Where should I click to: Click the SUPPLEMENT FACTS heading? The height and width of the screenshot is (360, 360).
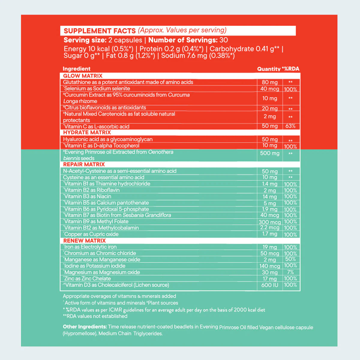pos(100,31)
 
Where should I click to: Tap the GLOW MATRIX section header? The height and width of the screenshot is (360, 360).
pos(83,76)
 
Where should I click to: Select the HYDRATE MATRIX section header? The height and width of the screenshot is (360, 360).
pos(87,132)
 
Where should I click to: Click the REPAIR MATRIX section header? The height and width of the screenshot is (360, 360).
pos(84,164)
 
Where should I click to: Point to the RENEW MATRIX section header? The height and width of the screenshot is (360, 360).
pos(84,241)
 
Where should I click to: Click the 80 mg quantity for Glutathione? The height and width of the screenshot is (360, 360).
pos(270,82)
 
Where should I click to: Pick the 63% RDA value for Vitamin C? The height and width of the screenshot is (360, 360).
pos(290,126)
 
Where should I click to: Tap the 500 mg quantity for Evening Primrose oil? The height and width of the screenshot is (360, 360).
pos(270,153)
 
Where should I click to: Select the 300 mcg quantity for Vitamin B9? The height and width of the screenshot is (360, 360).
pos(270,222)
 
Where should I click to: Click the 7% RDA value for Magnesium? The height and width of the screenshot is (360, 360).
pos(290,272)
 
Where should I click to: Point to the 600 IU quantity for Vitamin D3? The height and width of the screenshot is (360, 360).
pos(270,285)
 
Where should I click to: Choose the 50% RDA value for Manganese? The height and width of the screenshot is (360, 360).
pos(290,259)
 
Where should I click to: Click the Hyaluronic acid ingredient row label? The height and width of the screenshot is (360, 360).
pos(108,139)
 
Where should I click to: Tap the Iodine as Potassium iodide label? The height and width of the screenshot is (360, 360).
pos(94,266)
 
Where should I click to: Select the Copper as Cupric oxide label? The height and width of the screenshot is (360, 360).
pos(91,234)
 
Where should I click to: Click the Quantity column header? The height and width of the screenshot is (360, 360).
pos(268,69)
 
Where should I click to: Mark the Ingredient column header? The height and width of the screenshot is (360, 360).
pos(76,69)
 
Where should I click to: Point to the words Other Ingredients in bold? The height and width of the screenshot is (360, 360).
pos(85,327)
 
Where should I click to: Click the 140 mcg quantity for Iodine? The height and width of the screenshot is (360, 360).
pos(270,266)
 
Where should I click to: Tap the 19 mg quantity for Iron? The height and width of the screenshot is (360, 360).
pos(270,247)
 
